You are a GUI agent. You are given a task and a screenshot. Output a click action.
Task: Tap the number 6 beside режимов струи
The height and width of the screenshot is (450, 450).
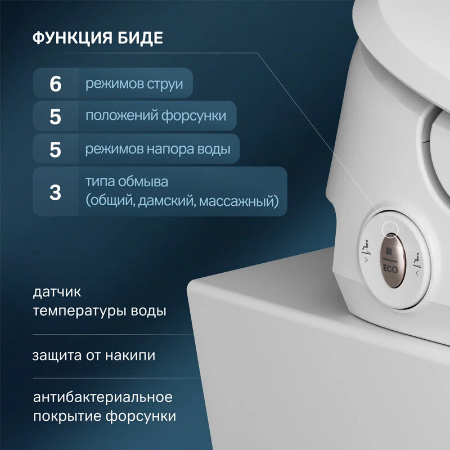coord(55,84)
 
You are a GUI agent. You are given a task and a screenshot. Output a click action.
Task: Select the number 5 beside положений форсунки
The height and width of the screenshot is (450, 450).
coord(55,116)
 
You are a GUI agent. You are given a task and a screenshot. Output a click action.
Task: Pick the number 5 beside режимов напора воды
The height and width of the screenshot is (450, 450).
coord(55,150)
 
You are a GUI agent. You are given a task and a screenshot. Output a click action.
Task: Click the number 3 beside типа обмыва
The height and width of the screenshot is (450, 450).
coord(55,192)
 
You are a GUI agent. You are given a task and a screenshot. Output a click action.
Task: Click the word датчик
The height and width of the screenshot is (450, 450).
coord(57,292)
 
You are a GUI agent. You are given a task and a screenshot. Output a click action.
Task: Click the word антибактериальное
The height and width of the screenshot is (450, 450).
coord(102,398)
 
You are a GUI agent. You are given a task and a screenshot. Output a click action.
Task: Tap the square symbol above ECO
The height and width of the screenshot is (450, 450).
coord(390,249)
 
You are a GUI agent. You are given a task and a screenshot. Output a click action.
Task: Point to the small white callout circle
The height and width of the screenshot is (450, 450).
coord(390,228)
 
